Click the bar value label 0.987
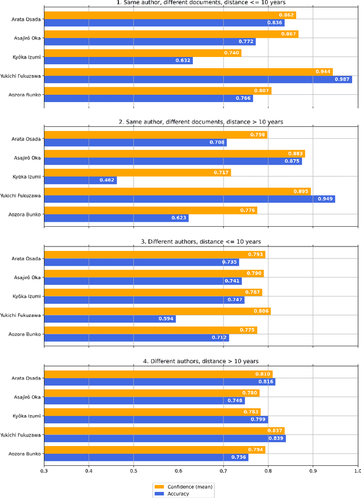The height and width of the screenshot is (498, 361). pos(342,80)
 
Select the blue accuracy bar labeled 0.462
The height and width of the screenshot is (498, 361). pos(80,180)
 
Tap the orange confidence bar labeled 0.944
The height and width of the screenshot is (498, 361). pos(188,72)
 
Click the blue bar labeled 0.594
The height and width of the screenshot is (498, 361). pos(110,319)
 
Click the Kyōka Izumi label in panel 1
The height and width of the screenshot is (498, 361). pos(26,56)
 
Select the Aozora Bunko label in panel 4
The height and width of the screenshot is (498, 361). pos(25,453)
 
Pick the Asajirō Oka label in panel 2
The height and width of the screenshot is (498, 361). pos(27,157)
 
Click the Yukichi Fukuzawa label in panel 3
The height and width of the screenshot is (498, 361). pos(21,315)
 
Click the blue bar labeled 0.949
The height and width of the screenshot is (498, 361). pos(190,199)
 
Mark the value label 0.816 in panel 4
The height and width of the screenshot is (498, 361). pos(266,382)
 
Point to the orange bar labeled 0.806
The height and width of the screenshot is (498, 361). pos(157,311)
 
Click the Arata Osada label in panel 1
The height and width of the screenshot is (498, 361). pos(27,19)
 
